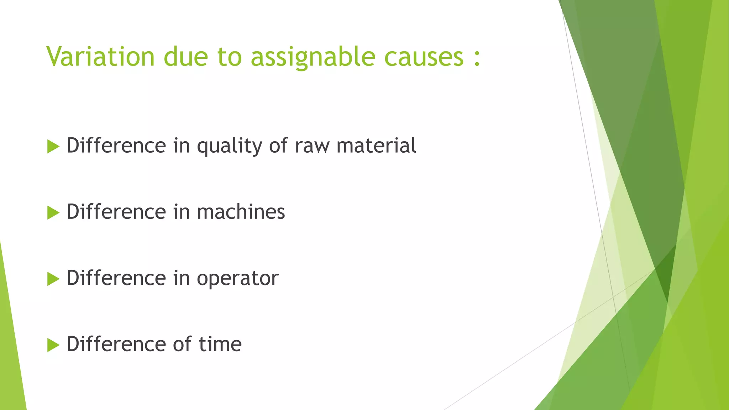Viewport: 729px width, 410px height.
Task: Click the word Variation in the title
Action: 100,57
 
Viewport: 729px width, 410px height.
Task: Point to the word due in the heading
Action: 185,57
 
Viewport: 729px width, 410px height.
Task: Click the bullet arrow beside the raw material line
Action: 53,146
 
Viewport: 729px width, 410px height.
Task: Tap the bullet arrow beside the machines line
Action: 53,212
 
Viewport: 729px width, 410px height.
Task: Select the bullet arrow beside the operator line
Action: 53,279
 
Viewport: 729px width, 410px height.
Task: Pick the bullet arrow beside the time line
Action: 53,345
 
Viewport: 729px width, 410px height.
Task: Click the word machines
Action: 241,212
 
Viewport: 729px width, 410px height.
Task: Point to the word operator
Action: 237,279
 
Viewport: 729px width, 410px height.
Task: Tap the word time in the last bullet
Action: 220,344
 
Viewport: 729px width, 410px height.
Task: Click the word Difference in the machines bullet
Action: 116,212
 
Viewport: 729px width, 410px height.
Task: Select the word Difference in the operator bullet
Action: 116,278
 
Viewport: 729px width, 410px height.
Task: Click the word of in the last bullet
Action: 182,344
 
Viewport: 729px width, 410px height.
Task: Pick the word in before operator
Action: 181,278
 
